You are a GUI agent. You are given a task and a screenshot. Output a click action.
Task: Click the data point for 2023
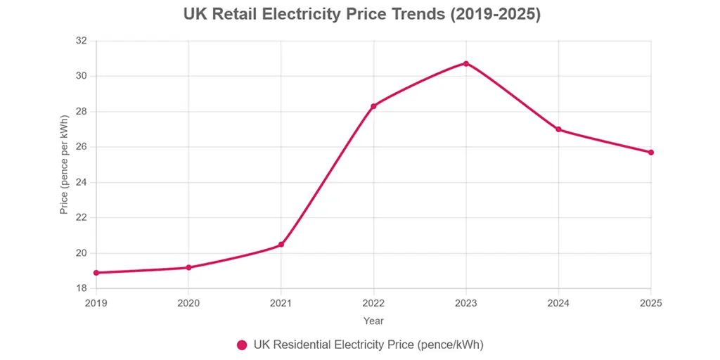tap(465, 63)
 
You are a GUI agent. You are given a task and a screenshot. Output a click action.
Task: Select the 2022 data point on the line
tap(373, 106)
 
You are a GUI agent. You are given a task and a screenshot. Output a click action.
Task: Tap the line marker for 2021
tap(281, 245)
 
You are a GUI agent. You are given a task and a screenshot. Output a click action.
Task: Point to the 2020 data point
tap(188, 268)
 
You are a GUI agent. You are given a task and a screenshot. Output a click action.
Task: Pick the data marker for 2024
tap(558, 129)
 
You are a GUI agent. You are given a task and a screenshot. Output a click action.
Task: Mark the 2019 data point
tap(96, 273)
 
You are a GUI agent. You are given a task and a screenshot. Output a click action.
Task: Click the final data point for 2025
tap(650, 153)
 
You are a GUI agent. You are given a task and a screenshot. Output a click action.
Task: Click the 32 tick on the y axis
tap(81, 41)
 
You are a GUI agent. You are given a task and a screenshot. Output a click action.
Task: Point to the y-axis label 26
tap(81, 147)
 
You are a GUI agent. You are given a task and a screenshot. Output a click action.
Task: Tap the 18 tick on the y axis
tap(81, 289)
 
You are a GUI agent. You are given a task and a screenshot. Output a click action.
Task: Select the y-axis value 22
tap(81, 218)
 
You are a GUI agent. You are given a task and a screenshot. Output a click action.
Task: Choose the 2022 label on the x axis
tap(373, 303)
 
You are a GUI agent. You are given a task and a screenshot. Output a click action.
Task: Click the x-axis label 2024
tap(558, 303)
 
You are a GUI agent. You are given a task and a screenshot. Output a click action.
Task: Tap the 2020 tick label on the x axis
tap(188, 303)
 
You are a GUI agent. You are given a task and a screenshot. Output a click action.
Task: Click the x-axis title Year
tap(373, 321)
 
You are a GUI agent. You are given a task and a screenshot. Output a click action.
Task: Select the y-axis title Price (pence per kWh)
tap(64, 165)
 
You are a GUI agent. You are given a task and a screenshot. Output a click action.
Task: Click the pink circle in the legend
tap(242, 345)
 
